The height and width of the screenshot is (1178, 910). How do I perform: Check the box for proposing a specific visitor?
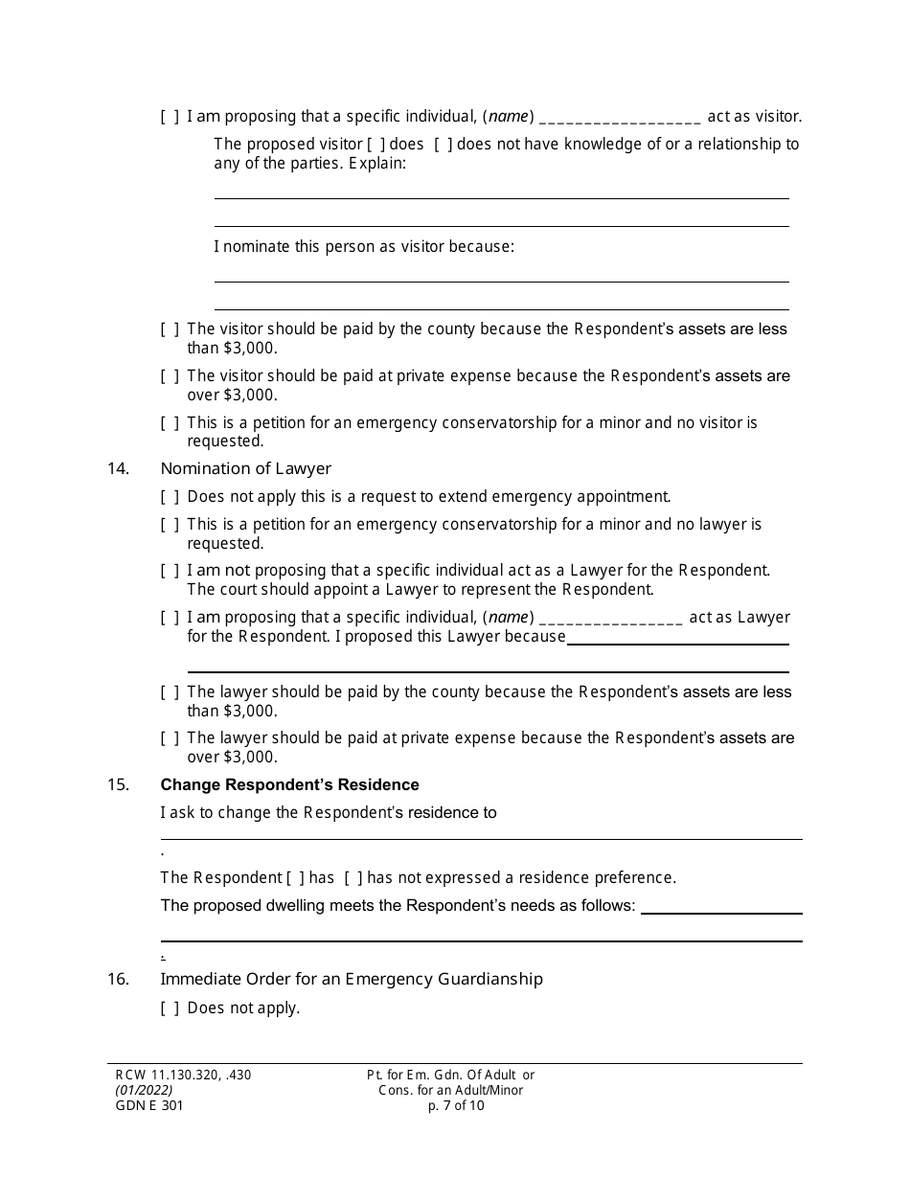[x=170, y=117]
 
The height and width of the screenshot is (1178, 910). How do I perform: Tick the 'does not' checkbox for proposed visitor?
[x=444, y=145]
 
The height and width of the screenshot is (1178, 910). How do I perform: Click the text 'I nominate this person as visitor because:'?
[x=364, y=247]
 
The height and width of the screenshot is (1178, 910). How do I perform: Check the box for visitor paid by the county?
[x=170, y=329]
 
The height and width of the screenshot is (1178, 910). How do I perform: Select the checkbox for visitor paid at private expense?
[x=170, y=376]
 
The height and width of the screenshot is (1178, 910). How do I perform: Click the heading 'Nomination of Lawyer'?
[x=245, y=469]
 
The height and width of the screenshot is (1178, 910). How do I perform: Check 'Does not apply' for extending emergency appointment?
[x=170, y=497]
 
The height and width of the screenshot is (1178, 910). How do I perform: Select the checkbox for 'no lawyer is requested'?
[x=170, y=525]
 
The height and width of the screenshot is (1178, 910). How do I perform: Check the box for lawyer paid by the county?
[x=170, y=692]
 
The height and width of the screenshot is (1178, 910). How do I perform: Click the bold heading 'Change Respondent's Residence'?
[x=289, y=785]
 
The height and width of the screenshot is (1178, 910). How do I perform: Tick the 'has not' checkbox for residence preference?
[x=353, y=878]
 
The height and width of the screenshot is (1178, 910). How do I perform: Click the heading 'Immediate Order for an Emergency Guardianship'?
[x=351, y=979]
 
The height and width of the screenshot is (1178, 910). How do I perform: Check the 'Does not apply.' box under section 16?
[x=170, y=1008]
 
